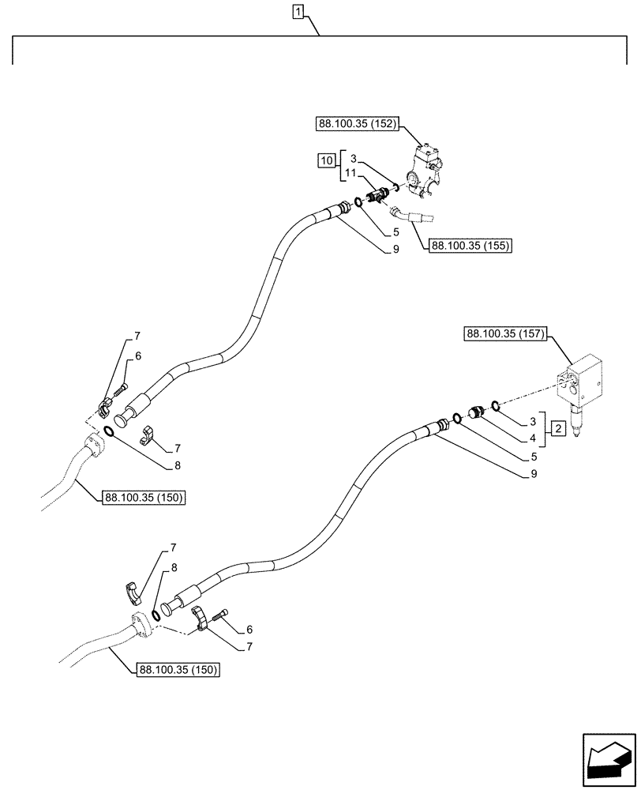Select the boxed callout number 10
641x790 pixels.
[x=326, y=160]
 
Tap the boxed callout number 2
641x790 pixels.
[x=557, y=429]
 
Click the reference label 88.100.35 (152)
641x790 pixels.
[x=358, y=124]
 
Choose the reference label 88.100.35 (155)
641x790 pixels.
[x=471, y=246]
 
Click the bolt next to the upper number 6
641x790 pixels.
[x=122, y=389]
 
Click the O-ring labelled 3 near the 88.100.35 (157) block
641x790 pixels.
[x=494, y=406]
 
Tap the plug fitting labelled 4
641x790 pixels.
[x=475, y=412]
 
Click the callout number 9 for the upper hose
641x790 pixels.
[x=395, y=250]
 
